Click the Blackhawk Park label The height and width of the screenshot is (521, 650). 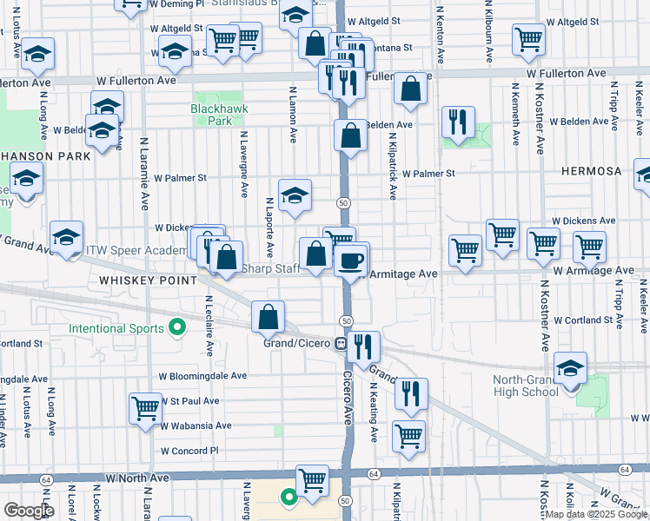(x=213, y=115)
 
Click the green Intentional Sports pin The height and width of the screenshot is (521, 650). (x=178, y=328)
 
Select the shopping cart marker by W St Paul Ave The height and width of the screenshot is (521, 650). (x=146, y=408)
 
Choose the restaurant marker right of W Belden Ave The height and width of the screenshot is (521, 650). (x=457, y=122)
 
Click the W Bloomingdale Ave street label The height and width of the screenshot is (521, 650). (x=202, y=377)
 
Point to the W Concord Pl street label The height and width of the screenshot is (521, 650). (x=189, y=451)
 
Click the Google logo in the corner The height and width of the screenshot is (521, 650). (x=29, y=511)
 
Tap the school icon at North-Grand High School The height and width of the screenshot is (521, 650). (x=570, y=370)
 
